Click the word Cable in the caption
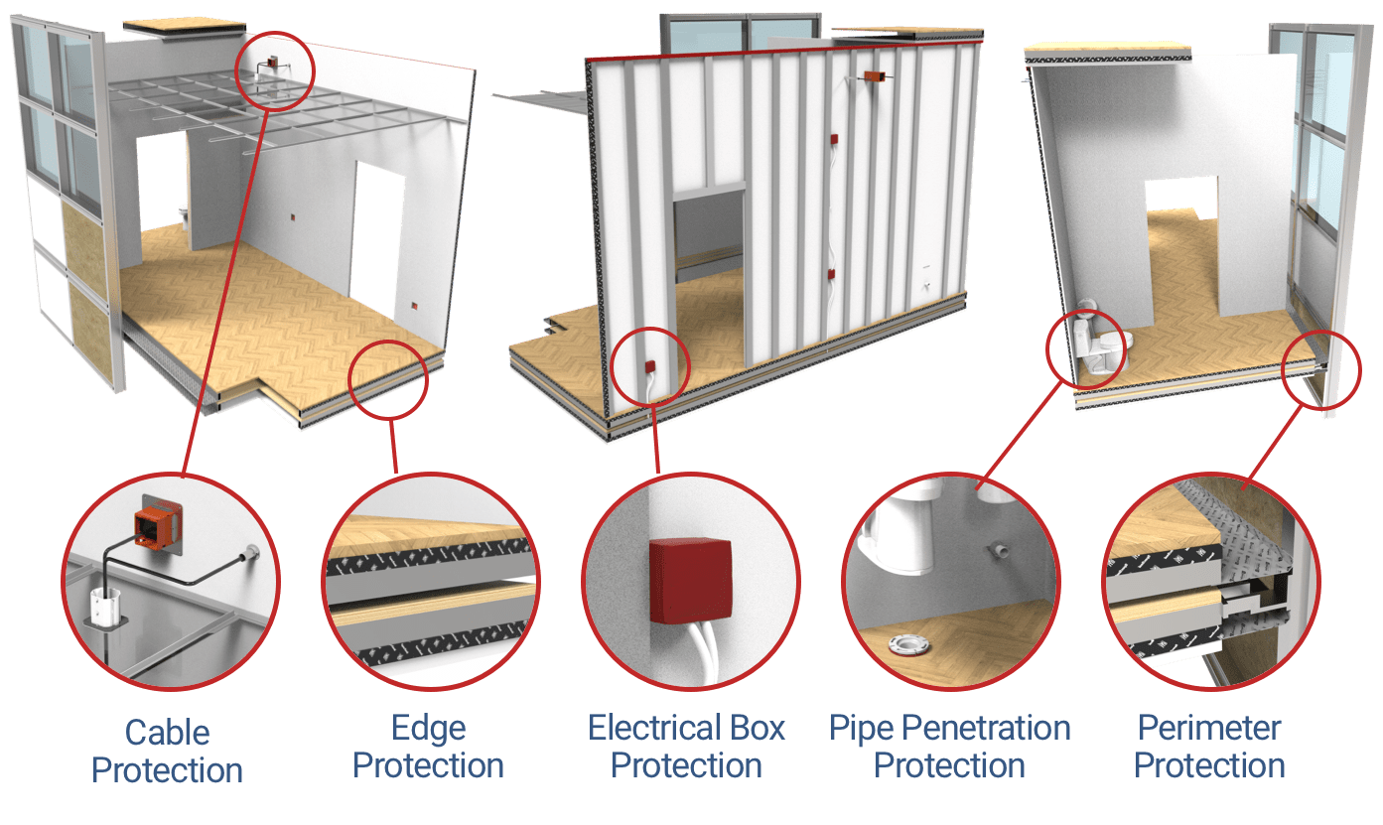pyautogui.click(x=168, y=733)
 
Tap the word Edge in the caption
pyautogui.click(x=429, y=730)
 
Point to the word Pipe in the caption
pyautogui.click(x=862, y=729)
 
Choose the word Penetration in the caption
pyautogui.click(x=986, y=728)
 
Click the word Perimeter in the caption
pyautogui.click(x=1209, y=728)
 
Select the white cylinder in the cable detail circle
pyautogui.click(x=105, y=606)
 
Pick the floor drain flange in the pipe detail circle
pyautogui.click(x=909, y=645)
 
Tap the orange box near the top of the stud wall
pyautogui.click(x=874, y=76)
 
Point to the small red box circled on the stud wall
pyautogui.click(x=649, y=366)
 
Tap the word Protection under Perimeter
pyautogui.click(x=1209, y=765)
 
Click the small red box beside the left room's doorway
pyautogui.click(x=414, y=305)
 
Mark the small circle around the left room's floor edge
pyautogui.click(x=388, y=342)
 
